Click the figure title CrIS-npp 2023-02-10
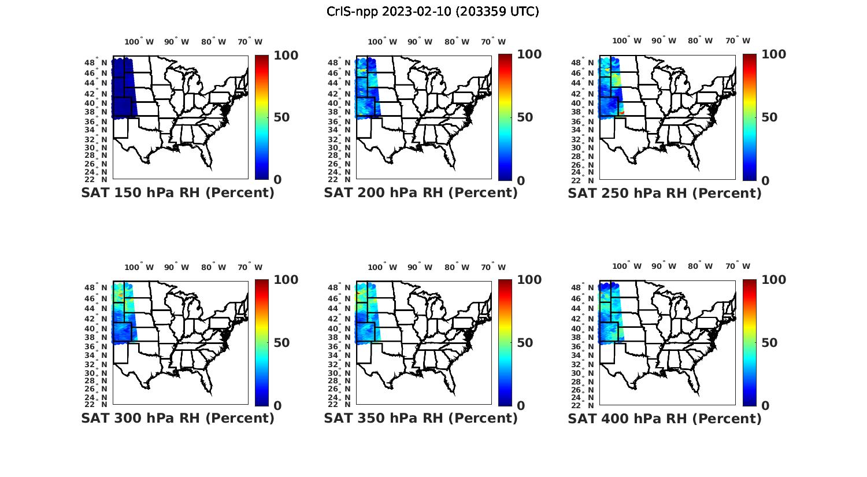coord(432,12)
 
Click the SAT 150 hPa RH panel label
coord(177,193)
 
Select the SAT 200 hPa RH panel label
coord(421,193)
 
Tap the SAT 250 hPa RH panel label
coord(665,193)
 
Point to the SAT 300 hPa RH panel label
coord(177,418)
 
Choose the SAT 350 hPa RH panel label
coord(421,418)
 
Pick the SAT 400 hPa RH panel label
coord(665,418)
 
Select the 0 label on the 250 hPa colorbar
coord(765,180)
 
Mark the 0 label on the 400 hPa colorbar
coord(765,406)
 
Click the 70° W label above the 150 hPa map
coord(250,42)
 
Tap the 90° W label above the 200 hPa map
coord(420,42)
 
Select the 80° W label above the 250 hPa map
coord(700,40)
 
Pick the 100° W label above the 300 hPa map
coord(139,267)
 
